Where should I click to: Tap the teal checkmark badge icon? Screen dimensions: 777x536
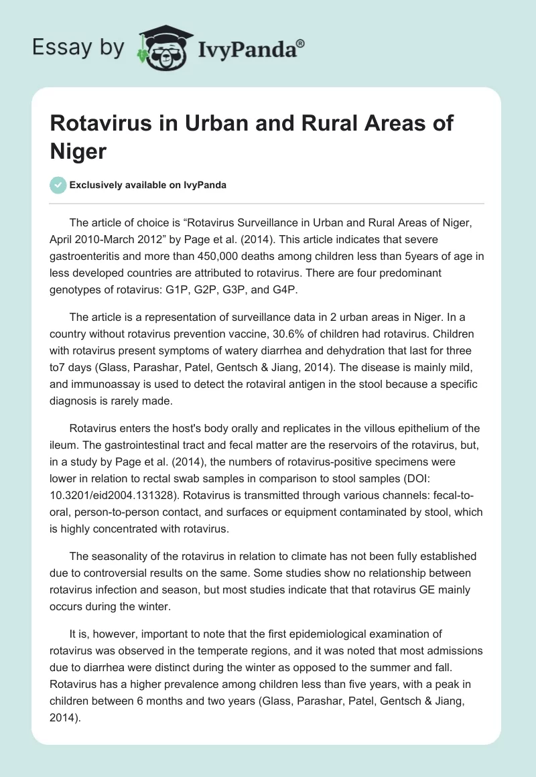pyautogui.click(x=58, y=185)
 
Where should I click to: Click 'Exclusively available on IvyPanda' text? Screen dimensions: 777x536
pyautogui.click(x=149, y=186)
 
